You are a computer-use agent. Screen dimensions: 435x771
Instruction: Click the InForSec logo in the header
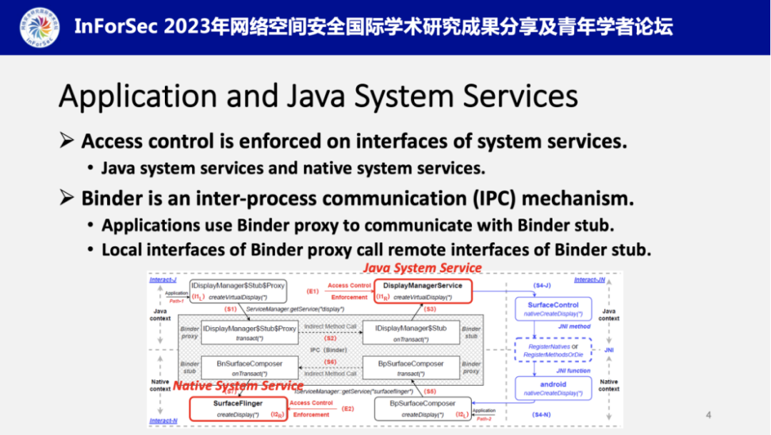tap(40, 26)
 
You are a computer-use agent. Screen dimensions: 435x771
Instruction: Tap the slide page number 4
tap(708, 414)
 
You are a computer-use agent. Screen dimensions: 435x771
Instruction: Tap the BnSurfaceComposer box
tap(249, 367)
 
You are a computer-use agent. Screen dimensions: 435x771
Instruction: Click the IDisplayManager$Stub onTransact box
tap(410, 332)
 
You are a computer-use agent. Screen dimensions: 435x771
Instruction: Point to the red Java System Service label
tap(423, 268)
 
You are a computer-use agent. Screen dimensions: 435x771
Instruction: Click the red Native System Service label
tap(238, 386)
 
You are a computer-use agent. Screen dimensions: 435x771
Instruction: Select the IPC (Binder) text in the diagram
tap(329, 350)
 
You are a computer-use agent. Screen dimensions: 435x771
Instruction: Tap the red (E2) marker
tap(348, 409)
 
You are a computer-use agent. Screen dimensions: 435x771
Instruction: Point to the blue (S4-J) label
tap(542, 286)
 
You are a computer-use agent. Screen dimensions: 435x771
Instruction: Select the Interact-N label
tap(163, 421)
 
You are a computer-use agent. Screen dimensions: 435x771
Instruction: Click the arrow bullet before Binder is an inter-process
tap(67, 197)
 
